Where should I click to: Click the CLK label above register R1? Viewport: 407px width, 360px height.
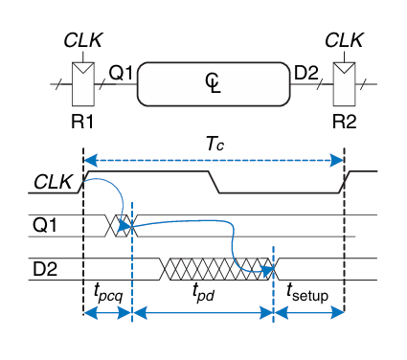pyautogui.click(x=83, y=40)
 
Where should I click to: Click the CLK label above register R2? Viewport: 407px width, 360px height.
pyautogui.click(x=344, y=40)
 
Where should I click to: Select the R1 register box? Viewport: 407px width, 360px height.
pyautogui.click(x=83, y=84)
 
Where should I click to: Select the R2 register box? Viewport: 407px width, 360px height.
pyautogui.click(x=344, y=84)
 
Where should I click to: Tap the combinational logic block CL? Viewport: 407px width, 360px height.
pyautogui.click(x=214, y=84)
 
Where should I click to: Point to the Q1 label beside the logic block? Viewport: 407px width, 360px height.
pyautogui.click(x=121, y=73)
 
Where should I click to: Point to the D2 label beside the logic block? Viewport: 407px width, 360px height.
pyautogui.click(x=306, y=73)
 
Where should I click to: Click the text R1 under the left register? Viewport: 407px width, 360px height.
pyautogui.click(x=82, y=122)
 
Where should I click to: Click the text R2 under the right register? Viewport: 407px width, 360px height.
pyautogui.click(x=344, y=122)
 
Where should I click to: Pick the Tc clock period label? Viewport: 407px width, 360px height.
pyautogui.click(x=215, y=144)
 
